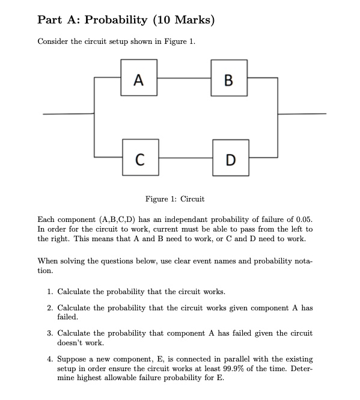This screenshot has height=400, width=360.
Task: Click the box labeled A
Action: [x=139, y=78]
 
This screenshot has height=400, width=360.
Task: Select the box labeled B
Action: [x=229, y=78]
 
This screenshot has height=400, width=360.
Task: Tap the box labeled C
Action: [x=139, y=158]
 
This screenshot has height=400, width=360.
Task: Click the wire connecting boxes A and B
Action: [x=184, y=78]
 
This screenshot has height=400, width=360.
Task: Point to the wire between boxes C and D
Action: [x=184, y=158]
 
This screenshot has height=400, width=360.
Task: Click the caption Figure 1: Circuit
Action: [x=175, y=199]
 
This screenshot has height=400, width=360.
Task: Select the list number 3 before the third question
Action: [x=49, y=333]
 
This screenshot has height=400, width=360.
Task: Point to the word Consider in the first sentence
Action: [x=53, y=42]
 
